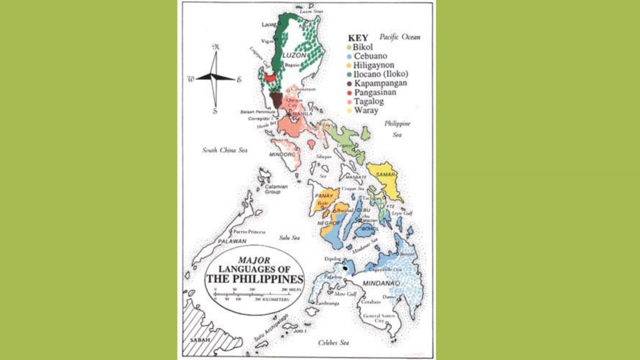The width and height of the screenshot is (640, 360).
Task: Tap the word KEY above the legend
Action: click(x=358, y=38)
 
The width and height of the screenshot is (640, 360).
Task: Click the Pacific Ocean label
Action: click(x=399, y=37)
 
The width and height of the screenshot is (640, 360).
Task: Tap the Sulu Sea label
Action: click(x=289, y=237)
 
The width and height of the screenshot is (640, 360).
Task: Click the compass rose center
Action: click(x=215, y=78)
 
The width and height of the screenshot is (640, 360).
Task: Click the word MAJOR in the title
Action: click(x=251, y=260)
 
